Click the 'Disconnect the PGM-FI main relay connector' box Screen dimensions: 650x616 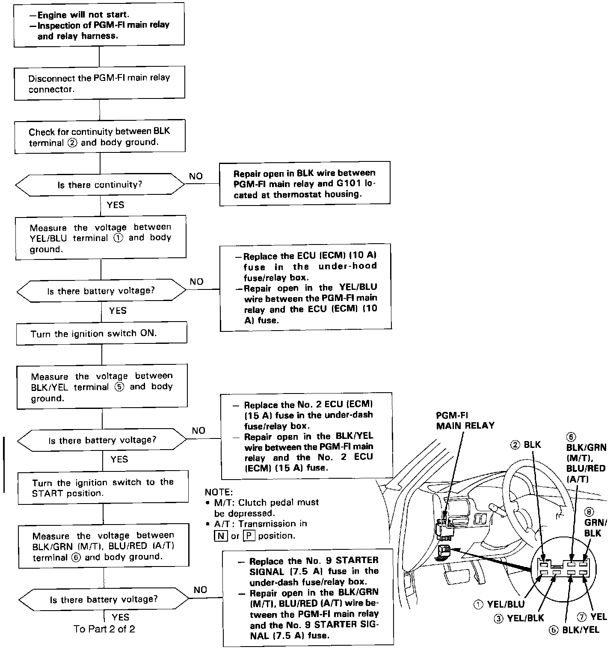[x=99, y=83]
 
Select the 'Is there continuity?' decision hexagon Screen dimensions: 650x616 [x=100, y=185]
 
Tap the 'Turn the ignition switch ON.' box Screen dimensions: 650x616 [x=101, y=333]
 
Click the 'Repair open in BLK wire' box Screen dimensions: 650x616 [x=305, y=183]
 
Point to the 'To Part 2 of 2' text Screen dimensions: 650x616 [x=104, y=629]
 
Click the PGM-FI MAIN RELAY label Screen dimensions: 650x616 [x=465, y=420]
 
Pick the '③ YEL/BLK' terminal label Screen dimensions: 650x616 [x=519, y=618]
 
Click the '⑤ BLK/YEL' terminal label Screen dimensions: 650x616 [x=575, y=629]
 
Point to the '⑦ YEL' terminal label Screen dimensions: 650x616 [x=592, y=617]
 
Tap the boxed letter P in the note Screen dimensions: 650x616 [x=249, y=536]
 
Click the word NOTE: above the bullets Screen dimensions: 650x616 [x=219, y=492]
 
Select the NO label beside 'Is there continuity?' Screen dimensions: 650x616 [x=196, y=176]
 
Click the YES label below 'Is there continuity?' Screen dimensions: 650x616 [x=115, y=205]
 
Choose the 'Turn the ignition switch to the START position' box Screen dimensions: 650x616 [x=103, y=487]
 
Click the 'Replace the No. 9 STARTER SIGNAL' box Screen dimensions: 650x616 [x=308, y=597]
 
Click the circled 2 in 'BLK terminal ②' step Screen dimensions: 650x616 [x=72, y=143]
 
